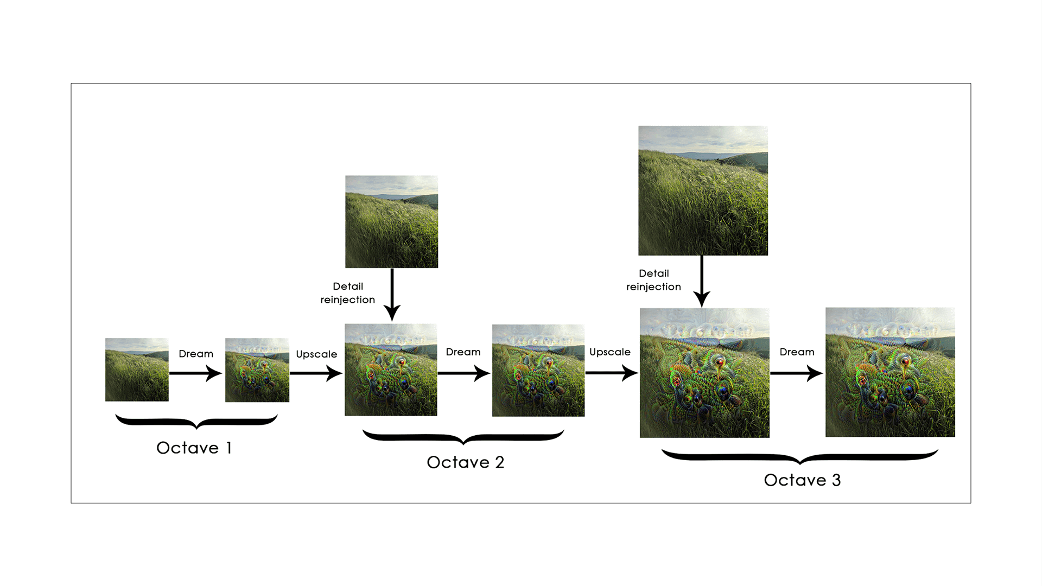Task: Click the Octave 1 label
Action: click(x=194, y=448)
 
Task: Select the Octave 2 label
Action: click(x=465, y=462)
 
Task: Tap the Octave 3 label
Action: click(x=802, y=480)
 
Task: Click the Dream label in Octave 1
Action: click(x=196, y=354)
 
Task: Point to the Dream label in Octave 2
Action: click(x=463, y=352)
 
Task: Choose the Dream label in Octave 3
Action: click(x=797, y=352)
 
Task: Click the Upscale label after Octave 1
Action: click(x=316, y=354)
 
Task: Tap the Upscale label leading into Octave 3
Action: click(x=610, y=352)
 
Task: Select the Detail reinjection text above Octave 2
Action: click(x=348, y=293)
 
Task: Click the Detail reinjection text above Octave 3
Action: click(x=653, y=280)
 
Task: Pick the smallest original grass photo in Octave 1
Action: click(x=137, y=370)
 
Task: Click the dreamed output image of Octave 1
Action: click(x=257, y=370)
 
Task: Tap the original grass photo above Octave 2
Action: click(x=391, y=221)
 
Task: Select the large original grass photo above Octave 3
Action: click(x=703, y=190)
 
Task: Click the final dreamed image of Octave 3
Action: click(x=890, y=372)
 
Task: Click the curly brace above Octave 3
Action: click(x=800, y=457)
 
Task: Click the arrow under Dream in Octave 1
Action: click(x=195, y=373)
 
